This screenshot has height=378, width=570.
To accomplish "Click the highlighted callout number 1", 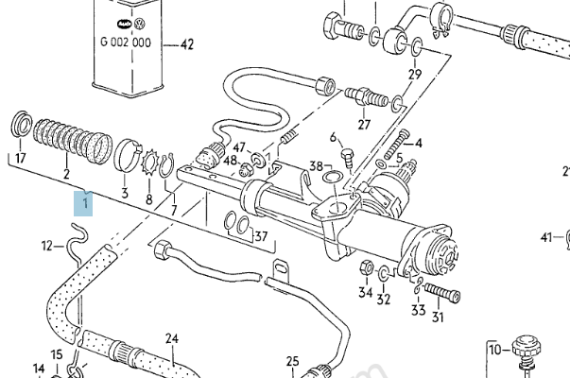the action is pos(85,203).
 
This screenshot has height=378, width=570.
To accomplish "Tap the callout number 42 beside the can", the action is pos(187,44).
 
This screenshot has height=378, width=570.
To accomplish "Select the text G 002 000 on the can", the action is pos(126,43).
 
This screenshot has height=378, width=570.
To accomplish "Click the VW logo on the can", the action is pos(140,25).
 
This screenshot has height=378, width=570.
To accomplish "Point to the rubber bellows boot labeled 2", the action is pos(73,141).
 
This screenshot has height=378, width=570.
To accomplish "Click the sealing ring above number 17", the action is pos(22,125).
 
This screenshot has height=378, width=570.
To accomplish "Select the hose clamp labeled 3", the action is pos(128,155).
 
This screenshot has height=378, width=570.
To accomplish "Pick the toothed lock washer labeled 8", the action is pos(149,163).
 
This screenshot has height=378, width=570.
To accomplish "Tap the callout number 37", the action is pos(261,236).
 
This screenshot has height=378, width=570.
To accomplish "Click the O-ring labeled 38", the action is pos(332,178).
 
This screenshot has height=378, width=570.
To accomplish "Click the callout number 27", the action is pos(364,125).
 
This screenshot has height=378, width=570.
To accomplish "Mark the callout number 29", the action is pos(415,74).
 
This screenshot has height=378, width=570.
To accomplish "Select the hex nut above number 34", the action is pos(367,268).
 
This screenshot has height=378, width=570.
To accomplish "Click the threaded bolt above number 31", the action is pos(442,292).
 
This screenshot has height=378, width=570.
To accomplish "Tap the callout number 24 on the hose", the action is pos(172,338).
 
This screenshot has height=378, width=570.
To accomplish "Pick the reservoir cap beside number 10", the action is pos(526,349).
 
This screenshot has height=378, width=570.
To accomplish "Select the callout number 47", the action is pos(239,147).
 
